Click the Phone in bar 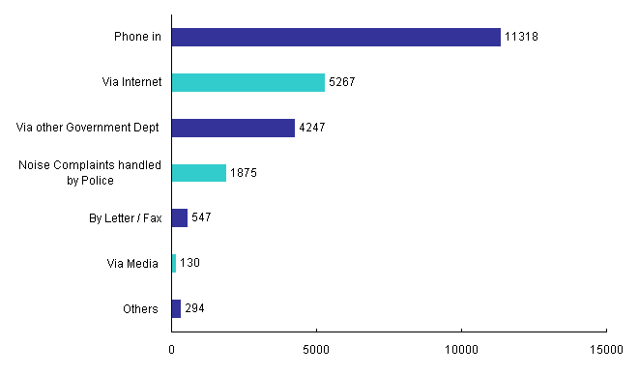(x=335, y=37)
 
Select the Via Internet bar (x=247, y=82)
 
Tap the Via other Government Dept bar (x=233, y=128)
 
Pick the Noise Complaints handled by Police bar (x=198, y=173)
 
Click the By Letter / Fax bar (x=180, y=217)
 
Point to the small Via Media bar (x=174, y=263)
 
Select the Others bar (x=176, y=308)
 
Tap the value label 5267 (x=342, y=83)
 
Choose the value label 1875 (x=244, y=174)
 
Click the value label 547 (x=201, y=218)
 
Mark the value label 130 (x=189, y=264)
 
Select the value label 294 (x=194, y=309)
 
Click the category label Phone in (x=137, y=38)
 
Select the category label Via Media (x=132, y=264)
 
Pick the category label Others (x=140, y=309)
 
